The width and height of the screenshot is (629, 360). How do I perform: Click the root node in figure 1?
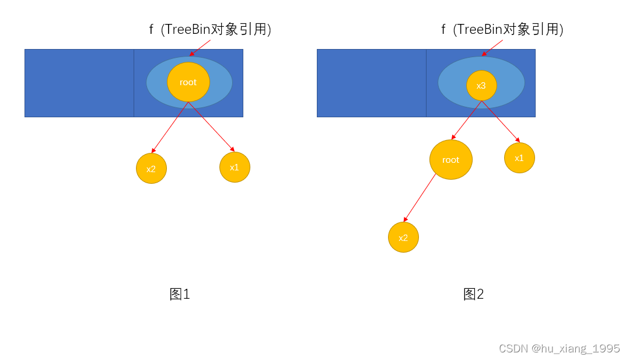pyautogui.click(x=188, y=82)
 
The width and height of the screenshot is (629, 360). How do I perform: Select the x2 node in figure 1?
pyautogui.click(x=151, y=169)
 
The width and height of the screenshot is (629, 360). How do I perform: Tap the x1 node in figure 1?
pyautogui.click(x=235, y=167)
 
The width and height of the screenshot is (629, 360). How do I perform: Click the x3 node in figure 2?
pyautogui.click(x=481, y=86)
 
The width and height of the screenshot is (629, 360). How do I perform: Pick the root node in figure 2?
pyautogui.click(x=450, y=159)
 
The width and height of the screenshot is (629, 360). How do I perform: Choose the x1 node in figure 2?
pyautogui.click(x=519, y=158)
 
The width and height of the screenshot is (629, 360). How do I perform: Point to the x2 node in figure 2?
pyautogui.click(x=403, y=237)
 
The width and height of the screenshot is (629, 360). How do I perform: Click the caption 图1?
pyautogui.click(x=180, y=294)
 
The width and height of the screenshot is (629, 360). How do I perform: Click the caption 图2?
pyautogui.click(x=474, y=294)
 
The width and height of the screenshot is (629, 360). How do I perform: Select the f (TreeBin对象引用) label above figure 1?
pyautogui.click(x=210, y=30)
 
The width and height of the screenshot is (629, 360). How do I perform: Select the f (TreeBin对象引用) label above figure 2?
pyautogui.click(x=502, y=30)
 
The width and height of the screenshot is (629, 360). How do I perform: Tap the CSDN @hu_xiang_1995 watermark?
pyautogui.click(x=559, y=348)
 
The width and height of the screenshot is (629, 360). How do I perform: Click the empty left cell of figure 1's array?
pyautogui.click(x=79, y=83)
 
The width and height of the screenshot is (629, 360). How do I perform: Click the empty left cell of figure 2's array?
pyautogui.click(x=372, y=83)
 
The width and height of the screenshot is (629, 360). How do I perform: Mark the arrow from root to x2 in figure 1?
pyautogui.click(x=170, y=128)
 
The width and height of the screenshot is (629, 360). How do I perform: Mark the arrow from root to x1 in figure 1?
pyautogui.click(x=211, y=127)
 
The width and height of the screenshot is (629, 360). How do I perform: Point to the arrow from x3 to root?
pyautogui.click(x=467, y=120)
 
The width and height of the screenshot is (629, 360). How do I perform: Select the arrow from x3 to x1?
pyautogui.click(x=500, y=121)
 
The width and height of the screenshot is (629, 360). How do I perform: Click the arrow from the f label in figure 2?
pyautogui.click(x=493, y=48)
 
